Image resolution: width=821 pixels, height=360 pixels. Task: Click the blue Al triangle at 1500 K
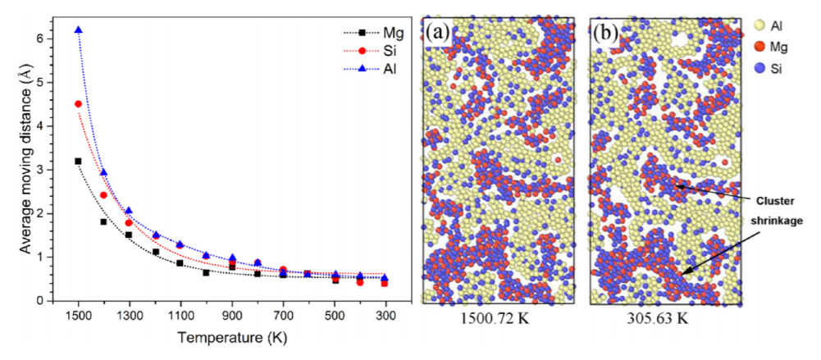click(79, 30)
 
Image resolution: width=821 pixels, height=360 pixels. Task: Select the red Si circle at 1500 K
click(79, 104)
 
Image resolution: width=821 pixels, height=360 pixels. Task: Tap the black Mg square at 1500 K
click(79, 162)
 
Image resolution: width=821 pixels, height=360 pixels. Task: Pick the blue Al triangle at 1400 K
click(103, 171)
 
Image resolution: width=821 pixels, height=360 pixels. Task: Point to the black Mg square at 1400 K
click(103, 222)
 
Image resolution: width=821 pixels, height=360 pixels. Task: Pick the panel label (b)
click(606, 33)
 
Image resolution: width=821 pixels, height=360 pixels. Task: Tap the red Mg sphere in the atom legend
click(759, 47)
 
